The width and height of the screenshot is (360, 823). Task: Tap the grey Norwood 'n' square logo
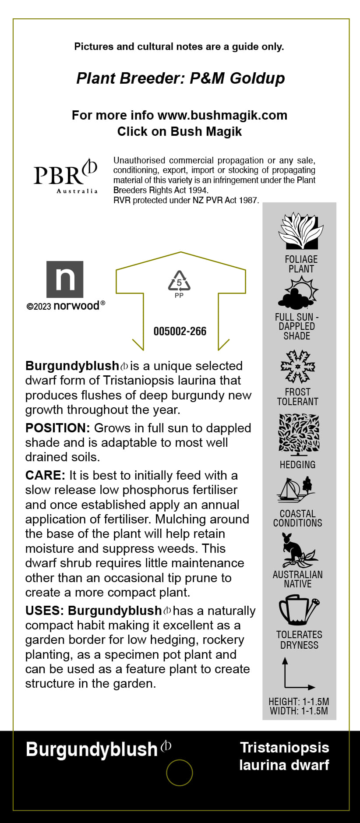coord(65,279)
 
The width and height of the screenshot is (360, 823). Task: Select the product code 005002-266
coord(180,331)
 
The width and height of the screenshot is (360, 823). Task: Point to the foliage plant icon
coord(301,231)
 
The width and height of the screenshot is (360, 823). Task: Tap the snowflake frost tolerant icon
coord(298,367)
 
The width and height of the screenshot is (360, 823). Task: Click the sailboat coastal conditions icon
coord(296,490)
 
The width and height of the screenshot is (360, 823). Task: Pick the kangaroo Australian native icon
coord(297,550)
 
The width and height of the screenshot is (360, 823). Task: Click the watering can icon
coord(299,609)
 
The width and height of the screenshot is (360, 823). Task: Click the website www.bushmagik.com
coord(222,115)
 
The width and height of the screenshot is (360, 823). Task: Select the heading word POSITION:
coord(57,428)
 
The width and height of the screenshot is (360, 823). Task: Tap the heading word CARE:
coord(45,475)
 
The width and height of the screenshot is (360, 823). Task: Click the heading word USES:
coord(45,611)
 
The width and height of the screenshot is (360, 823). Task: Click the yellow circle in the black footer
coord(180,773)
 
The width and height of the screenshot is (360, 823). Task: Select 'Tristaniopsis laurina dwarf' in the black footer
coord(284,756)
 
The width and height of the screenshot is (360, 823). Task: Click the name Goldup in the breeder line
coord(257,78)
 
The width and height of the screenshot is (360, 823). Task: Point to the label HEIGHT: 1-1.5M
coord(299,702)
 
